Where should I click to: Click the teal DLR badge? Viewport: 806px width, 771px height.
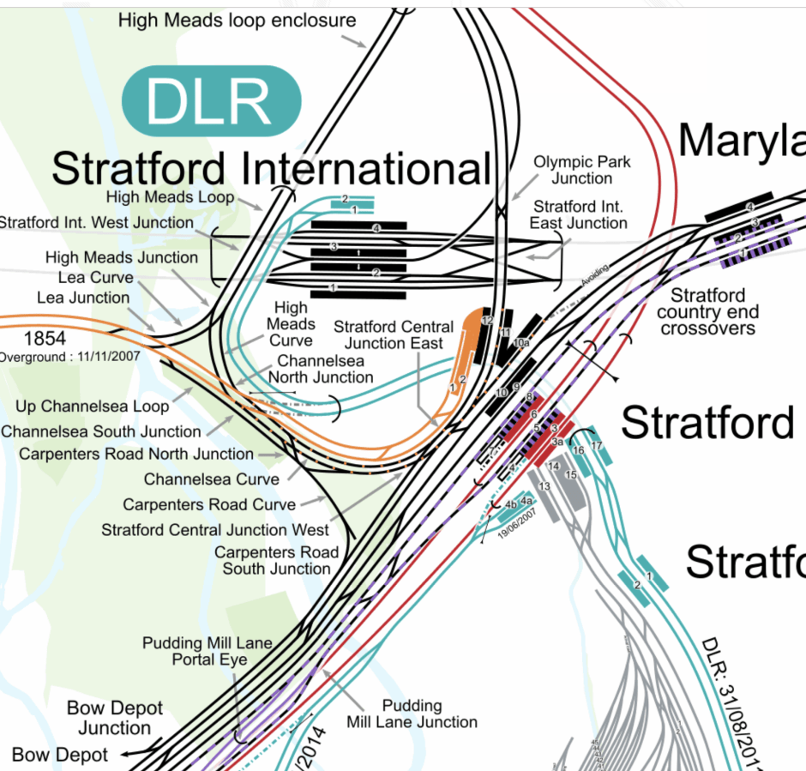[211, 101]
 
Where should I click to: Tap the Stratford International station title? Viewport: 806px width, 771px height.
[271, 168]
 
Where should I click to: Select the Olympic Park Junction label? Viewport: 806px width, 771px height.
[582, 170]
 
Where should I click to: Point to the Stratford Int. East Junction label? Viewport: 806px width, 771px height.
[579, 215]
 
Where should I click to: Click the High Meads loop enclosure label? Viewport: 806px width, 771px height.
[238, 19]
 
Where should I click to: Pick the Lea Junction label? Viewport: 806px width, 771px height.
[83, 298]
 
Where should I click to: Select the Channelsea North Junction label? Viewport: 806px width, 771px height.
[321, 369]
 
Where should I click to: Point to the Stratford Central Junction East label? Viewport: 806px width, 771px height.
[394, 335]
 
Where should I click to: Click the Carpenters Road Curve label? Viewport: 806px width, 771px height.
[209, 504]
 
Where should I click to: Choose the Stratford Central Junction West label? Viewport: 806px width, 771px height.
[215, 530]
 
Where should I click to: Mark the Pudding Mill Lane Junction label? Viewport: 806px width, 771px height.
[412, 714]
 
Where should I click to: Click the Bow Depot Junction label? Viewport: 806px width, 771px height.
[115, 719]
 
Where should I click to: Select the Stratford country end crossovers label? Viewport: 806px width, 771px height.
[707, 311]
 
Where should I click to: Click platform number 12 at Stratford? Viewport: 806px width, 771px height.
[485, 320]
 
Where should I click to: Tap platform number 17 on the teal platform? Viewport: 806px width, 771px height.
[597, 445]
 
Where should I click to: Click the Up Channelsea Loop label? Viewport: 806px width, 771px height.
[93, 406]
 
